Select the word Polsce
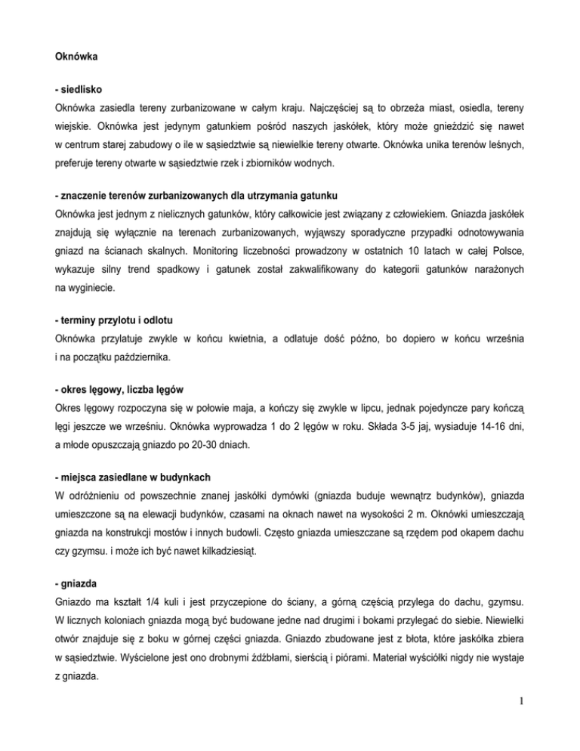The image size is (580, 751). click(519, 251)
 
